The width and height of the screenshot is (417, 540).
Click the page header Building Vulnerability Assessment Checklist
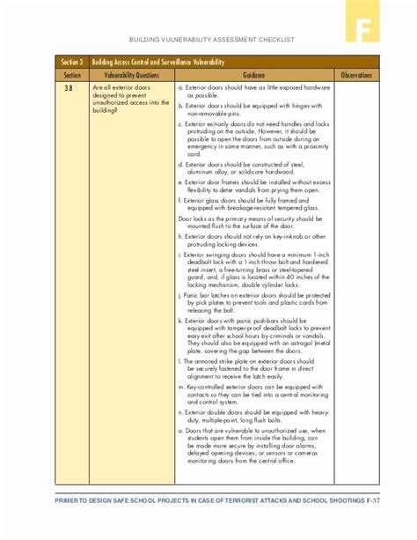click(x=211, y=40)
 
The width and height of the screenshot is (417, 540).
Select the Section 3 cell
click(x=72, y=63)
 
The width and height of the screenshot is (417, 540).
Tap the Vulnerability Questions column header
click(x=131, y=76)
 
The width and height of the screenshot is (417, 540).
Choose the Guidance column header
click(x=254, y=76)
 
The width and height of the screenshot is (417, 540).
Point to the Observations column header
click(x=356, y=76)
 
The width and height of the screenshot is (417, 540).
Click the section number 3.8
click(x=69, y=89)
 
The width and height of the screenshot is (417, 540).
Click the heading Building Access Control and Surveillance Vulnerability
click(x=159, y=63)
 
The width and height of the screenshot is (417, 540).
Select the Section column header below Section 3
click(x=72, y=76)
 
